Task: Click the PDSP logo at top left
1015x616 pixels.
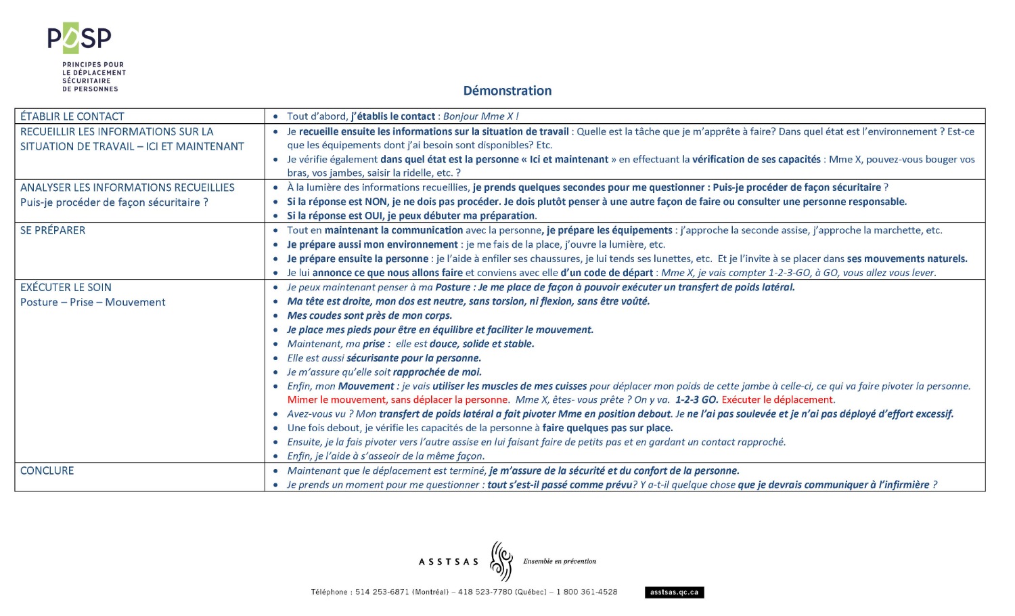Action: coord(79,39)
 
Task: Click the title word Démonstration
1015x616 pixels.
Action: coord(507,91)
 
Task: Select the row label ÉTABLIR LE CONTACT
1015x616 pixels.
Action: coord(72,116)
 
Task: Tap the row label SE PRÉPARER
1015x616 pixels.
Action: coord(53,230)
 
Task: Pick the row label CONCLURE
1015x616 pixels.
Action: coord(47,470)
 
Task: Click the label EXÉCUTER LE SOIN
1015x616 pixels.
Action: coord(66,287)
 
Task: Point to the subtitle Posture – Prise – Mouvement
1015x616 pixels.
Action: coord(93,302)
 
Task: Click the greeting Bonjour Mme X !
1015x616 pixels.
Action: coord(480,116)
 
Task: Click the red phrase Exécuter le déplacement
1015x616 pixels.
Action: coord(778,399)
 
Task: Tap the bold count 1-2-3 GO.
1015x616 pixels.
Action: coord(696,399)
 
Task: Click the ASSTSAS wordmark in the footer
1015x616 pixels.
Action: coord(449,562)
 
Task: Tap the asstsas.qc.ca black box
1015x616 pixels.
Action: coord(674,592)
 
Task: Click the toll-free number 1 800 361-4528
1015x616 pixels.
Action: coord(587,592)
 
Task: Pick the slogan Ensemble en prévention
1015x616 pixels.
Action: coord(560,561)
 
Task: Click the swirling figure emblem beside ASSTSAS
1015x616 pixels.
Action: coord(501,560)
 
